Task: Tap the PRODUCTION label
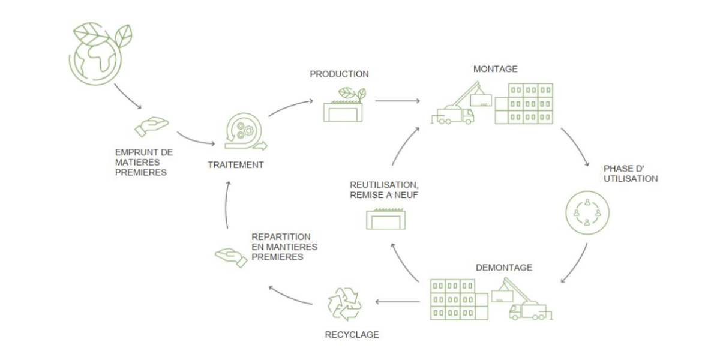pos(339,74)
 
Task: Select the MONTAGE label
pos(495,69)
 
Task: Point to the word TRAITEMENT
pos(236,164)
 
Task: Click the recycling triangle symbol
pos(343,304)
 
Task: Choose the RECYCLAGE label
pos(352,335)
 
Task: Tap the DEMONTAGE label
pos(503,268)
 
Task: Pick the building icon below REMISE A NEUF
pos(385,219)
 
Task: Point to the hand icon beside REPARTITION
pos(231,257)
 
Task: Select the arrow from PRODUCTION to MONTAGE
pos(398,101)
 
